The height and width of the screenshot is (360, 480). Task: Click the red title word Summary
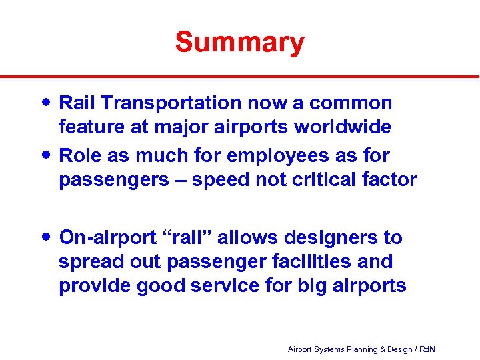point(240,42)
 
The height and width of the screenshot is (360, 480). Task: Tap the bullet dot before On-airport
point(46,237)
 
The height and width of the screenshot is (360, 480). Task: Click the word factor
point(393,179)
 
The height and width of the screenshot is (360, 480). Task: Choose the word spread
point(87,262)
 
